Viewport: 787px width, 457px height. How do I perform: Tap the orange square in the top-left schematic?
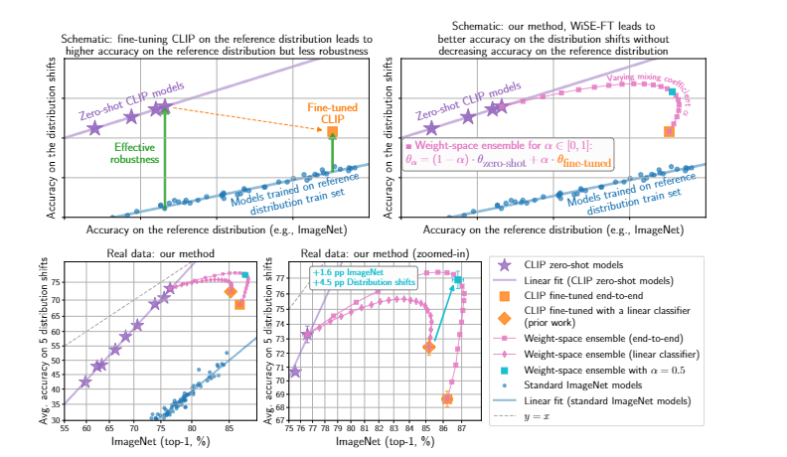(x=332, y=132)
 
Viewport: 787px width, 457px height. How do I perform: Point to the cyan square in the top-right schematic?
(x=673, y=92)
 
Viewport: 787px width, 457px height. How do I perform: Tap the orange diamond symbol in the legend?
(x=503, y=319)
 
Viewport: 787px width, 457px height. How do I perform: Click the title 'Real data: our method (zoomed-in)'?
(x=366, y=253)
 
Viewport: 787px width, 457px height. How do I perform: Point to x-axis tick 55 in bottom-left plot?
(x=65, y=428)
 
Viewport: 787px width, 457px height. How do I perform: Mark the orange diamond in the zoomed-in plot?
(x=429, y=347)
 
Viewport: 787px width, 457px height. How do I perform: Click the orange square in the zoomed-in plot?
(x=447, y=399)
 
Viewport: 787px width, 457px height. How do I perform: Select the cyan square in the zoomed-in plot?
(x=458, y=279)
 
